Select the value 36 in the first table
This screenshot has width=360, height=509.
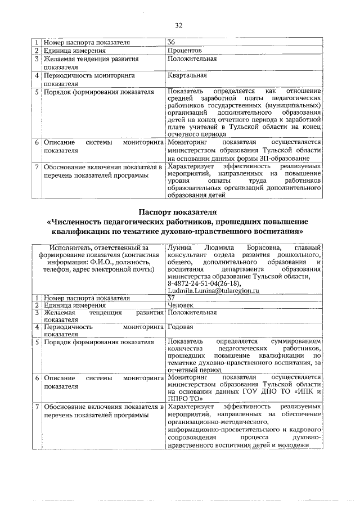click(x=172, y=42)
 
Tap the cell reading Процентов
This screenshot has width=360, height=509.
click(x=184, y=50)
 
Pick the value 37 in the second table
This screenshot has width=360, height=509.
click(x=172, y=298)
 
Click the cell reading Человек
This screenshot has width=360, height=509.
click(x=182, y=305)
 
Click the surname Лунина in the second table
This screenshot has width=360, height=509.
click(x=179, y=247)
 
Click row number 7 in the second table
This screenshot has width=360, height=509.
click(x=37, y=406)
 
